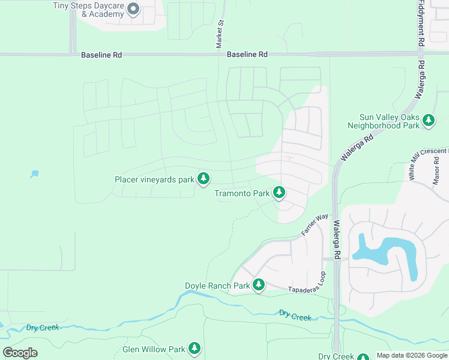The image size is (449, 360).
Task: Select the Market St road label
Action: point(220,34)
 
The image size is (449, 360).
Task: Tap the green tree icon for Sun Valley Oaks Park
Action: point(429,121)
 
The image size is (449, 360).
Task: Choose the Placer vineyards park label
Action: point(154,179)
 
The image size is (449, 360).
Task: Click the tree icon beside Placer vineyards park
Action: point(204,178)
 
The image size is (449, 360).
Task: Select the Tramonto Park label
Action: point(242,193)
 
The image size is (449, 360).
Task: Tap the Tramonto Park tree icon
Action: point(279,193)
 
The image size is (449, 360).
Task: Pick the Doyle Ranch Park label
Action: point(217,286)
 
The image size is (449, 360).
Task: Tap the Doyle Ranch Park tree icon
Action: point(259,284)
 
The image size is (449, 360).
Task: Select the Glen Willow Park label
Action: point(154,349)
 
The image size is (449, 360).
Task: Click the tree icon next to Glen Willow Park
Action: point(194,348)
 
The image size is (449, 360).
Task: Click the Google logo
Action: point(20,353)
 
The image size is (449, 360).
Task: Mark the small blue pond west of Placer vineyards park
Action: point(34,174)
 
